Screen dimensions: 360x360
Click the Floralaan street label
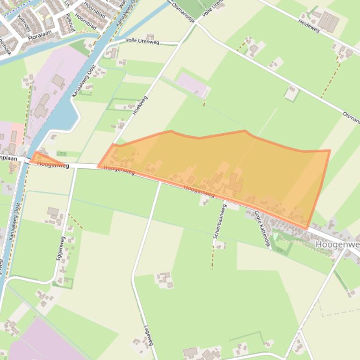[x=42, y=36]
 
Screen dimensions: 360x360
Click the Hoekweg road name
[x=140, y=106]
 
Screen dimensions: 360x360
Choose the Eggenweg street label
[x=60, y=248]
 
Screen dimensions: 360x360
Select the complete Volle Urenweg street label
[x=142, y=42]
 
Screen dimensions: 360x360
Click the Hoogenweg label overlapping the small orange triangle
[x=53, y=164]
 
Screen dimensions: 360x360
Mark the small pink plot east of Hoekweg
[x=192, y=85]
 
